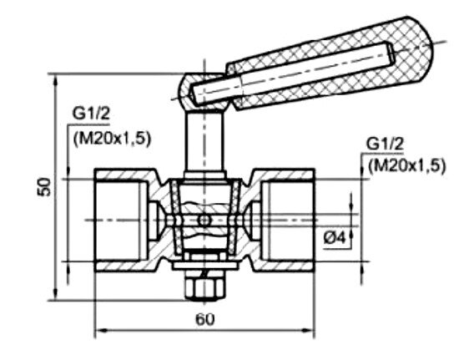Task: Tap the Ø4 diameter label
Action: tap(335, 237)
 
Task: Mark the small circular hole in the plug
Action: tap(204, 220)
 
